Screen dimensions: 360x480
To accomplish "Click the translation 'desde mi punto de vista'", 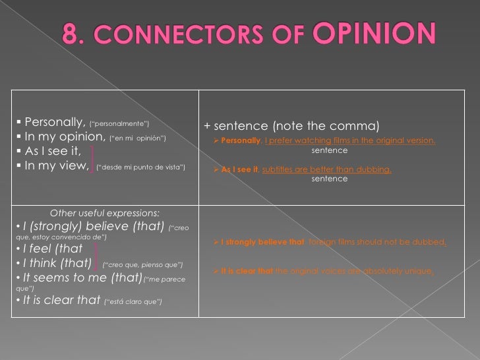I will (x=140, y=167).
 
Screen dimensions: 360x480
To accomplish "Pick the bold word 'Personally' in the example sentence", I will (x=241, y=141).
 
